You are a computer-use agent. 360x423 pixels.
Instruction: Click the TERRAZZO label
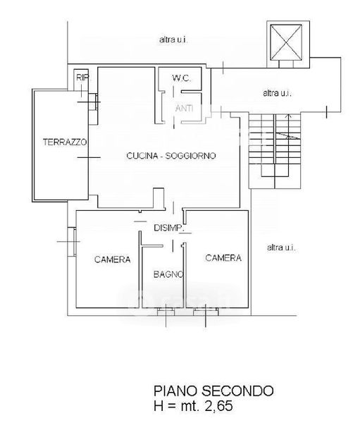pos(65,142)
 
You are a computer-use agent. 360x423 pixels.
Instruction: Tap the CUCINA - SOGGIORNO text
pos(171,156)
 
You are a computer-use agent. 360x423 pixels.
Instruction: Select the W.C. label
pos(181,78)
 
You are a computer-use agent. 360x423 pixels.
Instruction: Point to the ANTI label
pos(184,108)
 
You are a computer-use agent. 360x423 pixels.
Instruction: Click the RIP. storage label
pos(82,78)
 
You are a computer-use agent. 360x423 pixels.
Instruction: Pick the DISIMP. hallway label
pos(169,228)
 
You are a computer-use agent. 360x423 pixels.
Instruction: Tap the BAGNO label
pos(168,274)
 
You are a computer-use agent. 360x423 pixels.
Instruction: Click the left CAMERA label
pos(113,259)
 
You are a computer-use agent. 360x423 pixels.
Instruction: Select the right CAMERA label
pos(223,258)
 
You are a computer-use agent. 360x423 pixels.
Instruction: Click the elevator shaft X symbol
pos(286,42)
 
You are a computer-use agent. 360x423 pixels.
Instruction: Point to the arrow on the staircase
pos(289,126)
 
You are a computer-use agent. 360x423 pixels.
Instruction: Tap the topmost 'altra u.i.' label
pos(173,40)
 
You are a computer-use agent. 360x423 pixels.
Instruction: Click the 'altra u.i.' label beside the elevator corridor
pos(277,93)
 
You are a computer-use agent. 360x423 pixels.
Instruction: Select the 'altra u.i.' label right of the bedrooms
pos(281,247)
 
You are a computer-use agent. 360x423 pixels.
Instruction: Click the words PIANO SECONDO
pos(213,391)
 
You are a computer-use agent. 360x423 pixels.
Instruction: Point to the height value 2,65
pos(218,406)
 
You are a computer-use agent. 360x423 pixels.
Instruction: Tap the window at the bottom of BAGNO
pos(166,312)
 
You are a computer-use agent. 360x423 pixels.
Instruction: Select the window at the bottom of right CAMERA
pos(206,312)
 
